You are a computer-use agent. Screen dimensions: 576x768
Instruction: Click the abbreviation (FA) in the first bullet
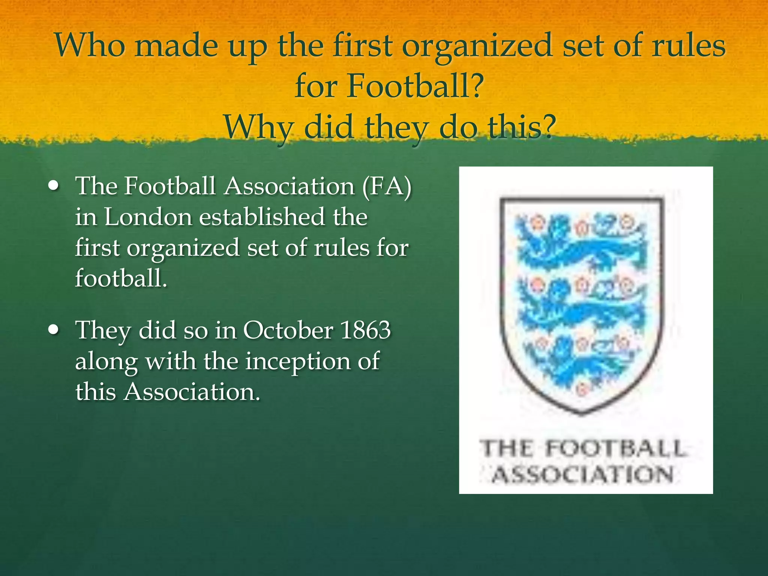tap(387, 186)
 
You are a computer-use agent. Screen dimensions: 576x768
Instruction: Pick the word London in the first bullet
tap(148, 217)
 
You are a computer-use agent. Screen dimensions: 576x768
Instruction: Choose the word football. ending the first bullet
tap(121, 279)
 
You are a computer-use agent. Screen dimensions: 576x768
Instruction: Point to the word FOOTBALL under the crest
tap(615, 449)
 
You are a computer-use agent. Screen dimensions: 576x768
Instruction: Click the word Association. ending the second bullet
tap(192, 392)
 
